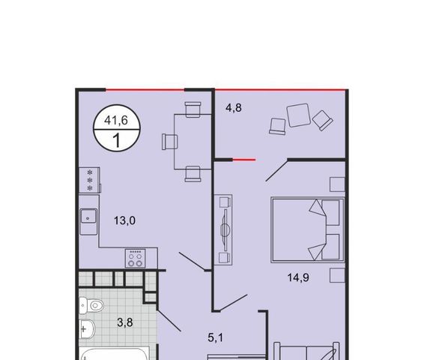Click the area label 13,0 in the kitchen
[124, 220]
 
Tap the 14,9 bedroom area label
[298, 277]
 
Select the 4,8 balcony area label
[234, 108]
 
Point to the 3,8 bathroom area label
[125, 322]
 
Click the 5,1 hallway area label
[216, 337]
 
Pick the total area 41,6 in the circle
[116, 120]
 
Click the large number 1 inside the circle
[117, 140]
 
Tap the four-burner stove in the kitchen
[135, 259]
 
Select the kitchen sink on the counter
[88, 216]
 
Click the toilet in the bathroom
[91, 305]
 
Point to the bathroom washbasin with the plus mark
[87, 328]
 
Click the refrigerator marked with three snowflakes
[90, 180]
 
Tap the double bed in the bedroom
[308, 230]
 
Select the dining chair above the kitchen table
[193, 109]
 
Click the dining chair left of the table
[170, 142]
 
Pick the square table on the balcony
[299, 115]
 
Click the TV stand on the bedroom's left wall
[223, 229]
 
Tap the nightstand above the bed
[337, 184]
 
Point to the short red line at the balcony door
[244, 160]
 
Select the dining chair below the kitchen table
[193, 174]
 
